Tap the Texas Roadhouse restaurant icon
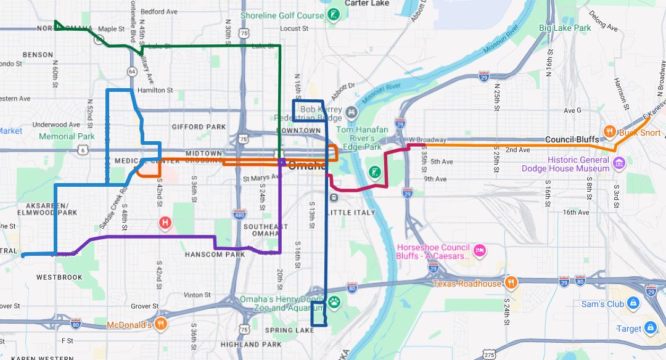(x=511, y=283)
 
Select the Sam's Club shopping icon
(x=632, y=303)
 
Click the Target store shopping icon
(x=650, y=328)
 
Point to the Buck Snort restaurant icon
(x=609, y=131)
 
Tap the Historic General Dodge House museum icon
(x=619, y=163)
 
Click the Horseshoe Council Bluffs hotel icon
(x=480, y=250)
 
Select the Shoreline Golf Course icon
(x=334, y=14)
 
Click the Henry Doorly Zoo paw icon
(x=334, y=302)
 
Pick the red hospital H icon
(x=165, y=223)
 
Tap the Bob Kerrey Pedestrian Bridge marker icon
(x=351, y=112)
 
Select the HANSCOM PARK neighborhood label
(x=215, y=254)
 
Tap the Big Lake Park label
(x=565, y=28)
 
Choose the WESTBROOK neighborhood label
(x=59, y=277)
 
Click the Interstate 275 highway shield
(x=489, y=354)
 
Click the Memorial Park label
(x=67, y=136)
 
